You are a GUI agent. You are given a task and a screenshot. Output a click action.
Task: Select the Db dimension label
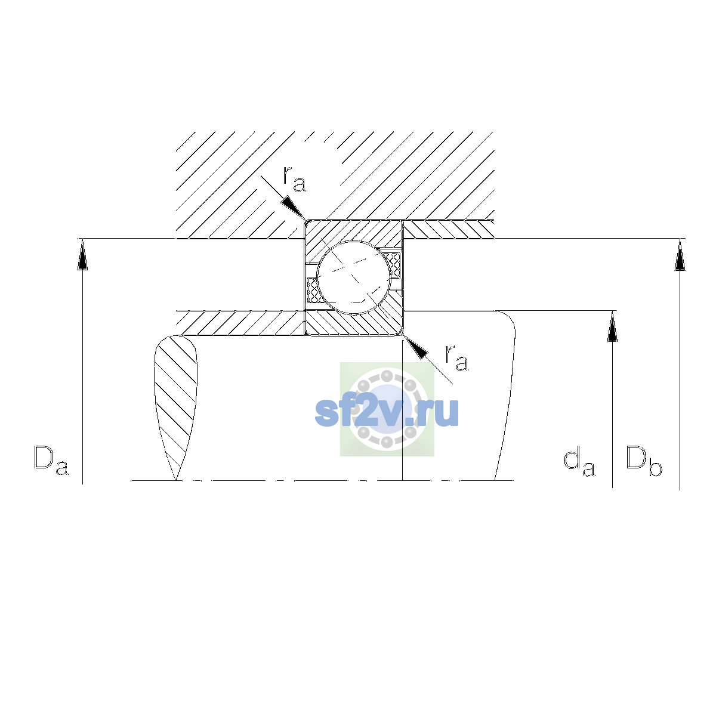[x=644, y=461]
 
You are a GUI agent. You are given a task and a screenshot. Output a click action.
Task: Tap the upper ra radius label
[x=295, y=179]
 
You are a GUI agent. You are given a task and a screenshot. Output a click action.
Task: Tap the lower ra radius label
[x=457, y=358]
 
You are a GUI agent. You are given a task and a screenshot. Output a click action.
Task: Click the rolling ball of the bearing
[x=354, y=277]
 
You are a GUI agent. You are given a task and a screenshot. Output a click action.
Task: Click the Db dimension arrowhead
[x=680, y=255]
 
